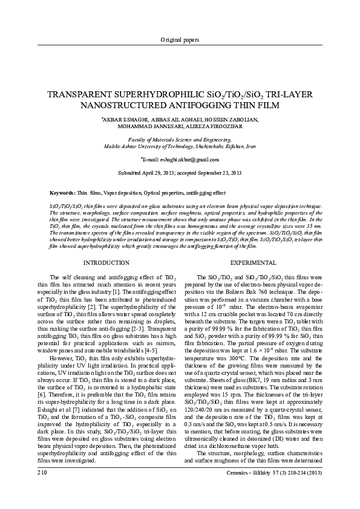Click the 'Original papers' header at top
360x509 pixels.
[180, 40]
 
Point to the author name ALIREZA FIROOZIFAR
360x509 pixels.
[229, 128]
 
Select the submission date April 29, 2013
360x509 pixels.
[167, 173]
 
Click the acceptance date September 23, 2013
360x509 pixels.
[220, 173]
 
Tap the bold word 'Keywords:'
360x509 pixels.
[62, 193]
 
